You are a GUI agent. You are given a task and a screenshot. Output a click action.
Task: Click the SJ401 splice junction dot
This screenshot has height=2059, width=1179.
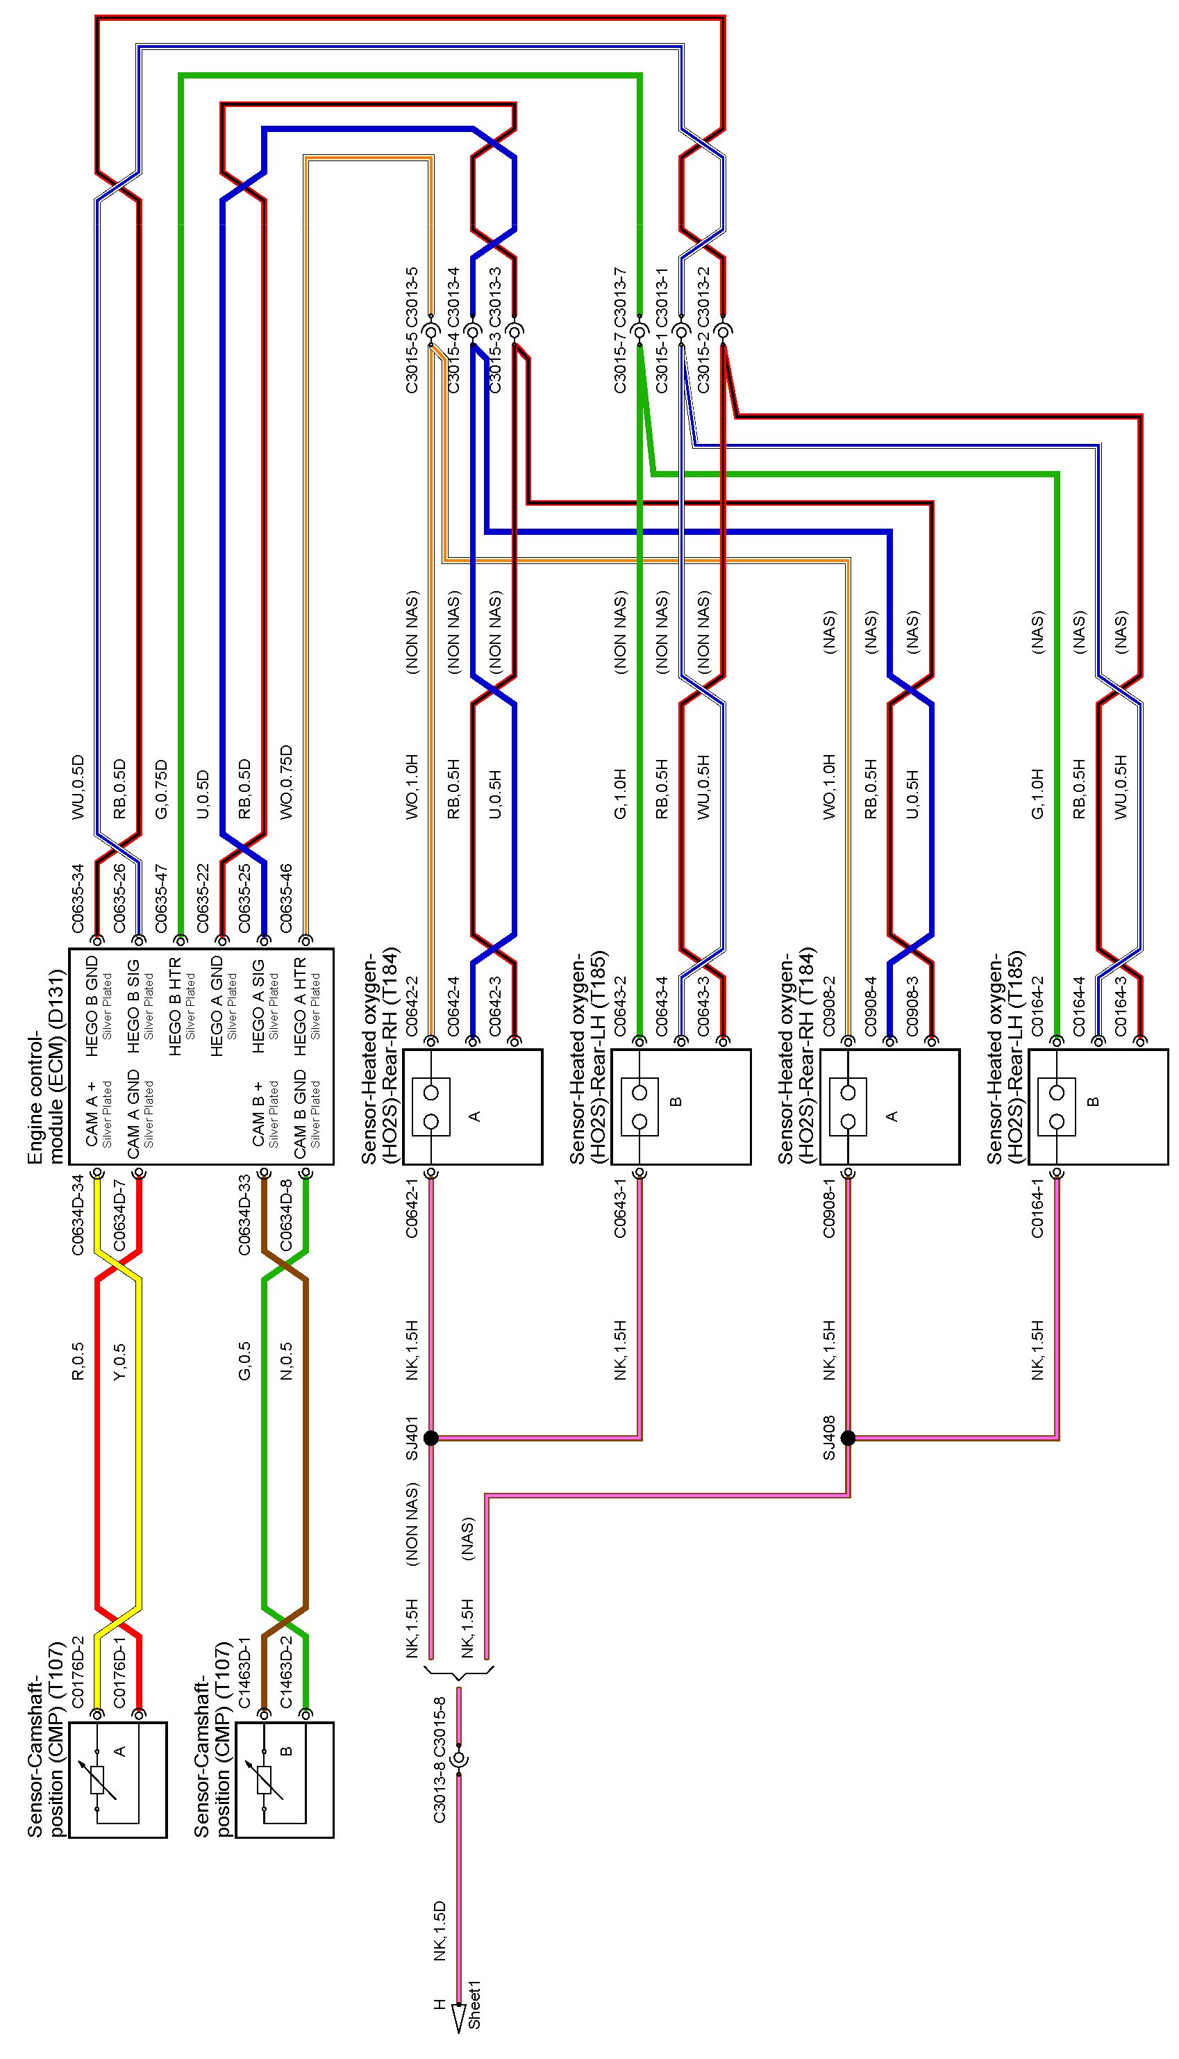point(430,1438)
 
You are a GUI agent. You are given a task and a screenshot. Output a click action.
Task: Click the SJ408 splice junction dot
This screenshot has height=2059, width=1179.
point(848,1438)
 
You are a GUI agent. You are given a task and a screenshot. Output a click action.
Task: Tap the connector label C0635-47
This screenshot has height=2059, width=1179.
point(161,898)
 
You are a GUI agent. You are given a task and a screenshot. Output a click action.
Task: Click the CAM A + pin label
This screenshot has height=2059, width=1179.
point(92,1114)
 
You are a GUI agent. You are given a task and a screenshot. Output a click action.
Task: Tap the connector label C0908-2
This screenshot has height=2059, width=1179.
point(828,1005)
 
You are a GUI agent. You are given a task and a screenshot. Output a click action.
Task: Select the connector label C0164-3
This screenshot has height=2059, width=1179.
point(1121,1005)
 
